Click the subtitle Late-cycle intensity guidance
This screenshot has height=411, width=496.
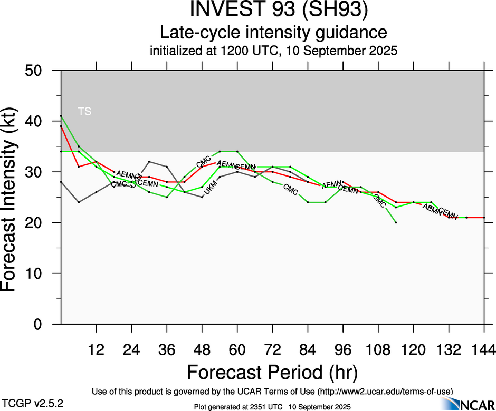(273, 33)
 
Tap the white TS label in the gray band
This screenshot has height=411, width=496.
(84, 111)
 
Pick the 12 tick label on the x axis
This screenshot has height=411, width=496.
(96, 349)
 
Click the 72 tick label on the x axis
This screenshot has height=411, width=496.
(272, 349)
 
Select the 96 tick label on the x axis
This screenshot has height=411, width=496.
(343, 349)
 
